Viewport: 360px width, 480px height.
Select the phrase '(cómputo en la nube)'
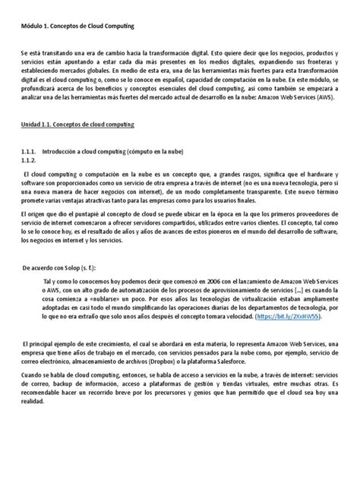pyautogui.click(x=166, y=152)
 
